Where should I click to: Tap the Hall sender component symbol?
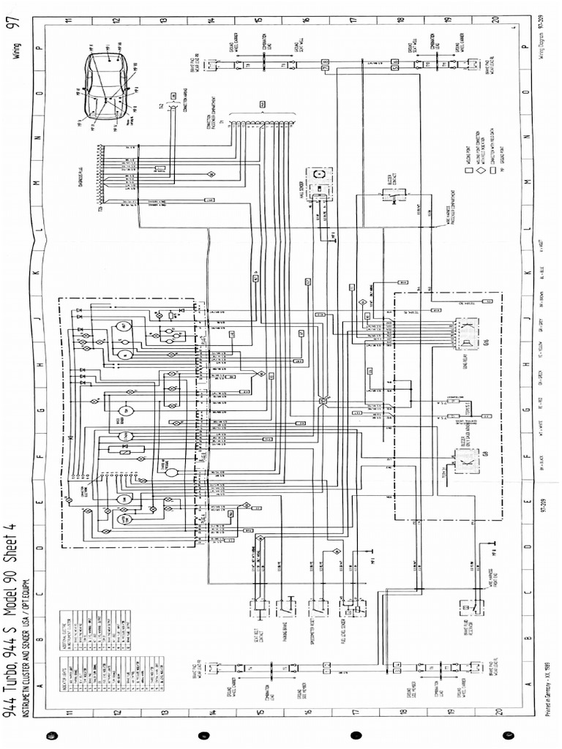(x=320, y=179)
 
